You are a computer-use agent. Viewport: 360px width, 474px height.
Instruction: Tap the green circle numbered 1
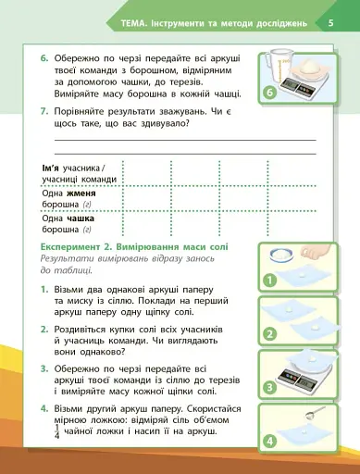click(271, 279)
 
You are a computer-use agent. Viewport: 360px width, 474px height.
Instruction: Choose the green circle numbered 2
click(271, 333)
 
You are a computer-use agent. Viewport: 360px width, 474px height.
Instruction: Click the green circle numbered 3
click(271, 388)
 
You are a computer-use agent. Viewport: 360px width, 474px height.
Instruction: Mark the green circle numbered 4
click(271, 442)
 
